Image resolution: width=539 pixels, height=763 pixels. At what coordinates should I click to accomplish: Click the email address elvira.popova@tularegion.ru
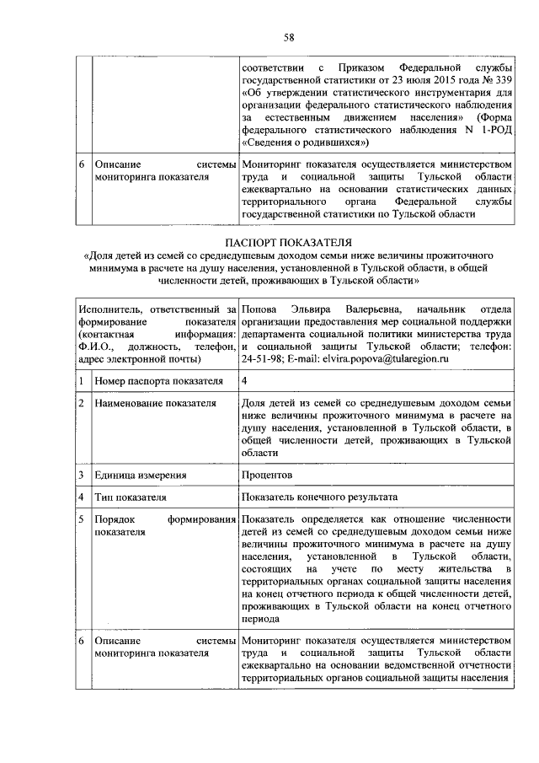388,359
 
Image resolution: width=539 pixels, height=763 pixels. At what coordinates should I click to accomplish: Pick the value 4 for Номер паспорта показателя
245,381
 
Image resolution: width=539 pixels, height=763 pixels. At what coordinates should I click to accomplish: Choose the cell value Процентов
268,475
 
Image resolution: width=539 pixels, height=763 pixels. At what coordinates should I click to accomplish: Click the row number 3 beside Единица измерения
81,475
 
